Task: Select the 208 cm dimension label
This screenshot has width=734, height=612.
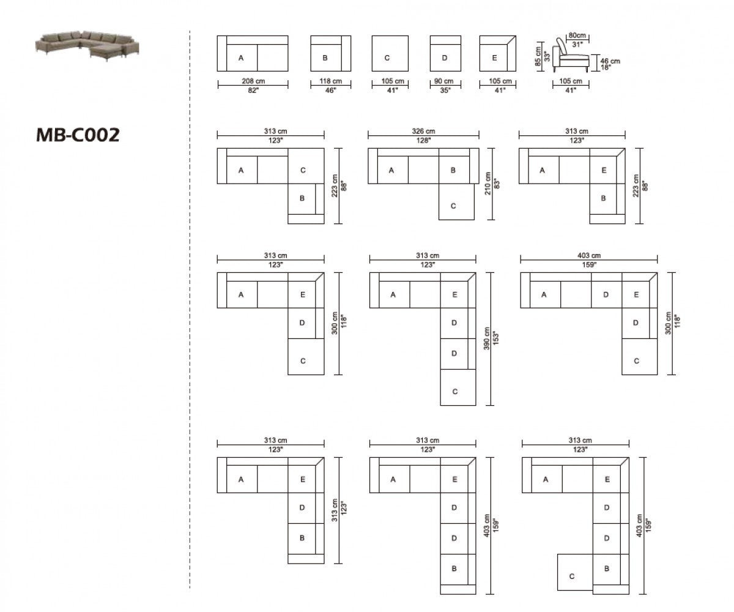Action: tap(253, 81)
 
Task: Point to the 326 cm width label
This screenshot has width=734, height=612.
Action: tap(423, 132)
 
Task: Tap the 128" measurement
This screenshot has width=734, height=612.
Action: tap(423, 140)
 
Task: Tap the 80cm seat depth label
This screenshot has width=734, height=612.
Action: tap(575, 35)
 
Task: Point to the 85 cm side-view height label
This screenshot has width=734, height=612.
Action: tap(538, 56)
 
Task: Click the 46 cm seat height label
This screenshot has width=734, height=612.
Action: tap(610, 61)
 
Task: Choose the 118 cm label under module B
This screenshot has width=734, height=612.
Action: tap(330, 81)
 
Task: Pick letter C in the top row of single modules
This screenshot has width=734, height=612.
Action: tap(387, 58)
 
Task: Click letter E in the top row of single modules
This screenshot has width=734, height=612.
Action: tap(494, 58)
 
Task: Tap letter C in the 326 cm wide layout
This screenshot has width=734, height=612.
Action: tap(453, 206)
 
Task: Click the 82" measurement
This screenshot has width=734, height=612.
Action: tap(253, 90)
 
